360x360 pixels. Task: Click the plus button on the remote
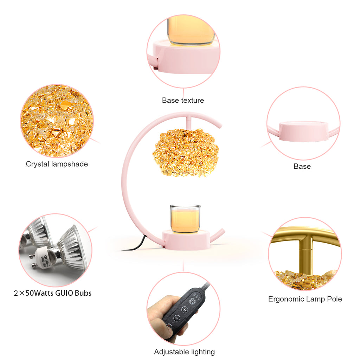185,310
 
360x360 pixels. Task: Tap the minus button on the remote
176,318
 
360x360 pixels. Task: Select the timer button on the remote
192,301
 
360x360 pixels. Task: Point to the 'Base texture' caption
183,100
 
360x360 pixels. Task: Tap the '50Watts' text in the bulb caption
40,293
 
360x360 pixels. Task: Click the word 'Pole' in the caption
335,299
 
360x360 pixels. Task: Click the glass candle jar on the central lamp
185,219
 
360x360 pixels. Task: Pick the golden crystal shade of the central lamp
186,153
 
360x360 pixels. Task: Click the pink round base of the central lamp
186,240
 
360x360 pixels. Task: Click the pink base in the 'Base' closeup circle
303,131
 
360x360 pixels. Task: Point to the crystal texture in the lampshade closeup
57,121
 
